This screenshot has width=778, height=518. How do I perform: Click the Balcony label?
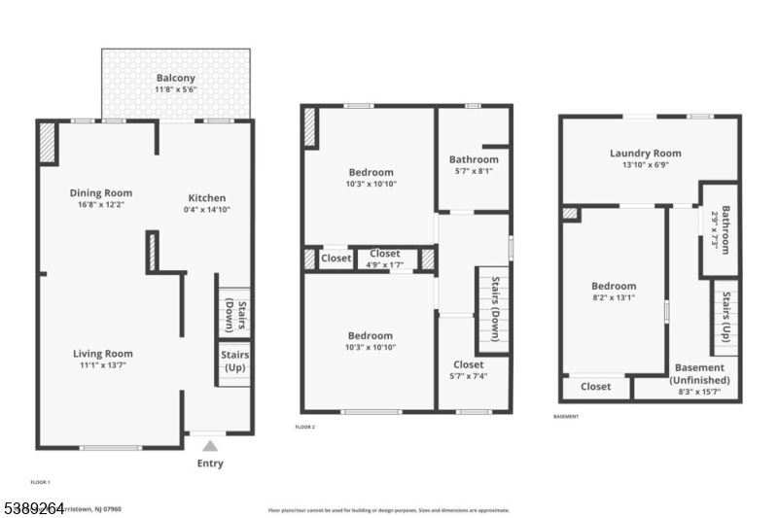pyautogui.click(x=176, y=78)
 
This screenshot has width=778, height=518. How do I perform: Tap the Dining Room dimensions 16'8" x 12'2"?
pyautogui.click(x=100, y=205)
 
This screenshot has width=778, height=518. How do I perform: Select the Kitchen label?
pyautogui.click(x=206, y=193)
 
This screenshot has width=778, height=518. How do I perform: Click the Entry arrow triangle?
pyautogui.click(x=209, y=446)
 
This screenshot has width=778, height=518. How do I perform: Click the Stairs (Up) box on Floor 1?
pyautogui.click(x=233, y=362)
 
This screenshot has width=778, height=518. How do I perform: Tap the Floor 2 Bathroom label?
pyautogui.click(x=474, y=159)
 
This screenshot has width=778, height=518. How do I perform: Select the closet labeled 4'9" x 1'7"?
pyautogui.click(x=385, y=259)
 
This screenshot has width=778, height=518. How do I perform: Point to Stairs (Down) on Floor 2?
pyautogui.click(x=493, y=309)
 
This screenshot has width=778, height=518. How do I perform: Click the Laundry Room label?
pyautogui.click(x=645, y=153)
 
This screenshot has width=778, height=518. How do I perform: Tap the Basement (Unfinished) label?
pyautogui.click(x=699, y=373)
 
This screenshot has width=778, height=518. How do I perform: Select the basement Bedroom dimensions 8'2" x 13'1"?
pyautogui.click(x=614, y=298)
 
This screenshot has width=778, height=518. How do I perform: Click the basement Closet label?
pyautogui.click(x=595, y=387)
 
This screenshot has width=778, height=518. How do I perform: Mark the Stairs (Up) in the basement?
pyautogui.click(x=725, y=318)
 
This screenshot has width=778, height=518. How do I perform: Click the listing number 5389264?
pyautogui.click(x=36, y=507)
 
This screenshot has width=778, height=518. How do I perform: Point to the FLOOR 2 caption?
pyautogui.click(x=305, y=427)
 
